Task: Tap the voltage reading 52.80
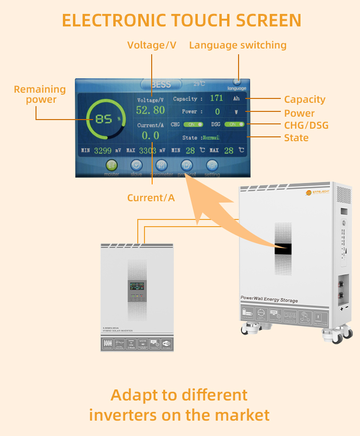(150, 110)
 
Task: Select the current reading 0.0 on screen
(150, 136)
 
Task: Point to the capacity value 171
(216, 98)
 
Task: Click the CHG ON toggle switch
(193, 124)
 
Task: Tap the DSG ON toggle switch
(234, 124)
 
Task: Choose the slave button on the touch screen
(137, 165)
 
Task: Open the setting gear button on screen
(212, 165)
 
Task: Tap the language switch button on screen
(237, 83)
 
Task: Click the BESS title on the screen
(161, 85)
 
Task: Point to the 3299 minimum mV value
(103, 151)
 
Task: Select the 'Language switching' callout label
(238, 45)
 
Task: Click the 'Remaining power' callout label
(40, 95)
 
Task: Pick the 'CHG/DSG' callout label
(306, 126)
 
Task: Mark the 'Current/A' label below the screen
(151, 198)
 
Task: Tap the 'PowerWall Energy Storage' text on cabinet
(269, 300)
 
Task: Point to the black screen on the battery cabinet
(282, 248)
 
